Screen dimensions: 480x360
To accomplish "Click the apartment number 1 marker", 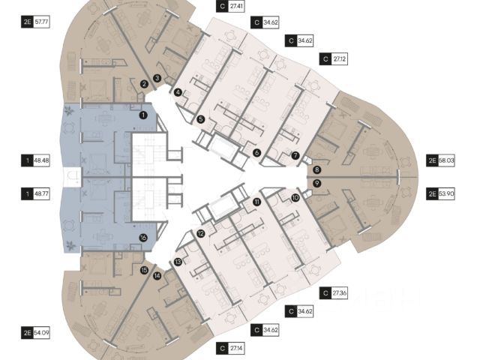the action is (x=143, y=115).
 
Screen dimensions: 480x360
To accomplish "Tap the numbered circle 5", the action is (x=201, y=119).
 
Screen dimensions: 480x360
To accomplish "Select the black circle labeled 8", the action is (x=317, y=169).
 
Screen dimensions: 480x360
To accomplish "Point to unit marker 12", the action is (x=200, y=234).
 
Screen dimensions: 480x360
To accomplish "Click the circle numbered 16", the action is (x=143, y=238).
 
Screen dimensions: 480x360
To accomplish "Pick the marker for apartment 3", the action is (x=157, y=78).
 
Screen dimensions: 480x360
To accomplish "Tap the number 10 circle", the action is (x=295, y=198).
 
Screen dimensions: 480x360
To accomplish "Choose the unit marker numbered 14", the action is (x=157, y=276).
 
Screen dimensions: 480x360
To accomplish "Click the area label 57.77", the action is (x=41, y=22).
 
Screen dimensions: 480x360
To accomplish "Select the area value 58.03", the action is (x=446, y=160).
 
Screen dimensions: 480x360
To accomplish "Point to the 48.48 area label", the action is (x=41, y=160).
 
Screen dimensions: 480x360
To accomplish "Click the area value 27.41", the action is (x=236, y=6).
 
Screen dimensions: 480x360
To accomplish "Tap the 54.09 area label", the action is (x=41, y=332).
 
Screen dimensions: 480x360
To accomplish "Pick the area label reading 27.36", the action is (x=339, y=293).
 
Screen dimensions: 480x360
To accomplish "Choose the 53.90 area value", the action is (x=446, y=193).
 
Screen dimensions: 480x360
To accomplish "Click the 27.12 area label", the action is (x=339, y=58).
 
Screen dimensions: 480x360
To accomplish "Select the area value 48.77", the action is (x=41, y=193).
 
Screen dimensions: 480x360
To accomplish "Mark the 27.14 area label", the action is (x=236, y=348).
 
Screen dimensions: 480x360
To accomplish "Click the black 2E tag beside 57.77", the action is (x=27, y=22).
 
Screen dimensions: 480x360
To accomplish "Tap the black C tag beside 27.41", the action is (x=222, y=6).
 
